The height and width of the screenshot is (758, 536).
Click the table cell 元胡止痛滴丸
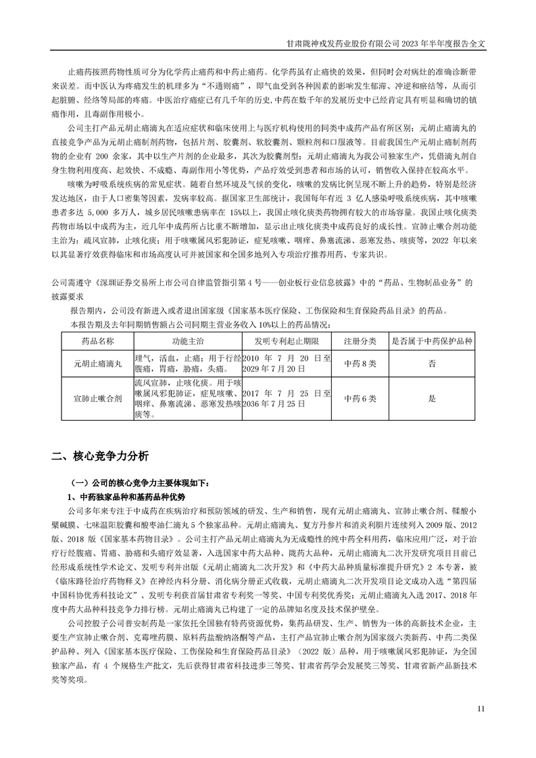[x=98, y=363]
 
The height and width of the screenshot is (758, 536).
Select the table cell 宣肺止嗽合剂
[x=98, y=399]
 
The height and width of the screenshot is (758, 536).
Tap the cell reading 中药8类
[x=360, y=363]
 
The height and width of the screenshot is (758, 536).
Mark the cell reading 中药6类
[x=360, y=399]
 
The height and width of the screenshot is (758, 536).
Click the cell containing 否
[x=431, y=363]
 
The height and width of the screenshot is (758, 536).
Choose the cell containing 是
[x=431, y=399]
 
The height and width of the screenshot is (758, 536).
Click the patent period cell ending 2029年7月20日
[x=287, y=363]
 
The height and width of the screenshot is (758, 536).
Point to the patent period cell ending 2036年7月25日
[x=287, y=399]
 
